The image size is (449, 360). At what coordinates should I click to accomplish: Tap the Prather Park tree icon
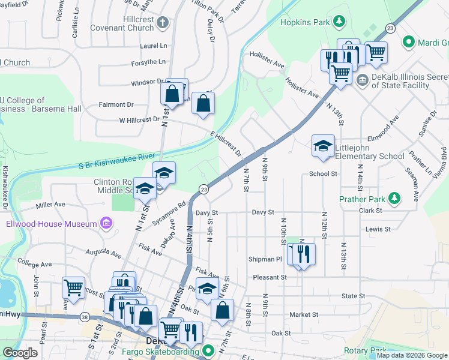coord(394,197)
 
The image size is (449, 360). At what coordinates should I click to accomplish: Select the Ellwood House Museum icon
coord(106,224)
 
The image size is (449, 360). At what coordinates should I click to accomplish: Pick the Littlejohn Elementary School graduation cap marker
coord(323,146)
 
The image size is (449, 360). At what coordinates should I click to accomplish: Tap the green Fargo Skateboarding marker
coord(208,350)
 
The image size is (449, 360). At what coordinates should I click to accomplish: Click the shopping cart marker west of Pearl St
coord(73,287)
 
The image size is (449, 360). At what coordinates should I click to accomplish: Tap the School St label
coord(323,174)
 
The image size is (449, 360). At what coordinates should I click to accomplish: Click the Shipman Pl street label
coord(265,259)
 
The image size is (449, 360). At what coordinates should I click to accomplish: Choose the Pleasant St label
coord(270,277)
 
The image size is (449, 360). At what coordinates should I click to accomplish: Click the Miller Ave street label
coord(50,205)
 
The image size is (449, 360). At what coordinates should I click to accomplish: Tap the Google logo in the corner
coord(20,353)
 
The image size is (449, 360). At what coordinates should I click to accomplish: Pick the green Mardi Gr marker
coord(409,43)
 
